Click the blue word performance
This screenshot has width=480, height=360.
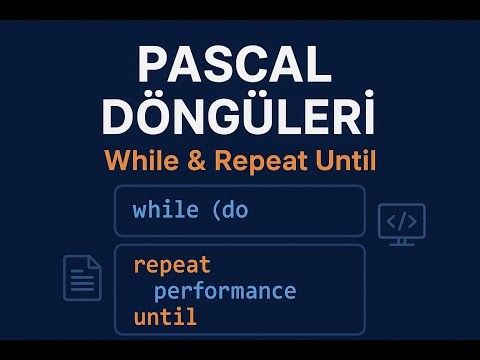click(x=225, y=292)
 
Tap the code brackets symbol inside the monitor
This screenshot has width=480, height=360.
click(x=402, y=219)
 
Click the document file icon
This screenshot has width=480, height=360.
click(x=83, y=277)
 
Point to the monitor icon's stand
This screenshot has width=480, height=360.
click(x=402, y=240)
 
